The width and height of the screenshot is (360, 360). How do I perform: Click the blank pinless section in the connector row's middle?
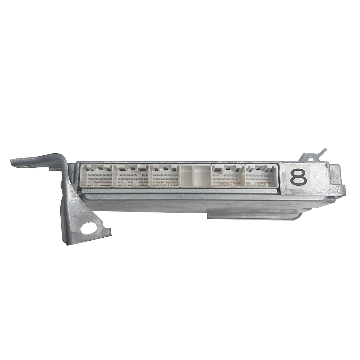click(x=196, y=176)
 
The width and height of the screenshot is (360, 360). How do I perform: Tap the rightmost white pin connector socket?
click(x=261, y=176)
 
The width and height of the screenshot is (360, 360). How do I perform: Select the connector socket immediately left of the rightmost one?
click(x=228, y=176)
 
